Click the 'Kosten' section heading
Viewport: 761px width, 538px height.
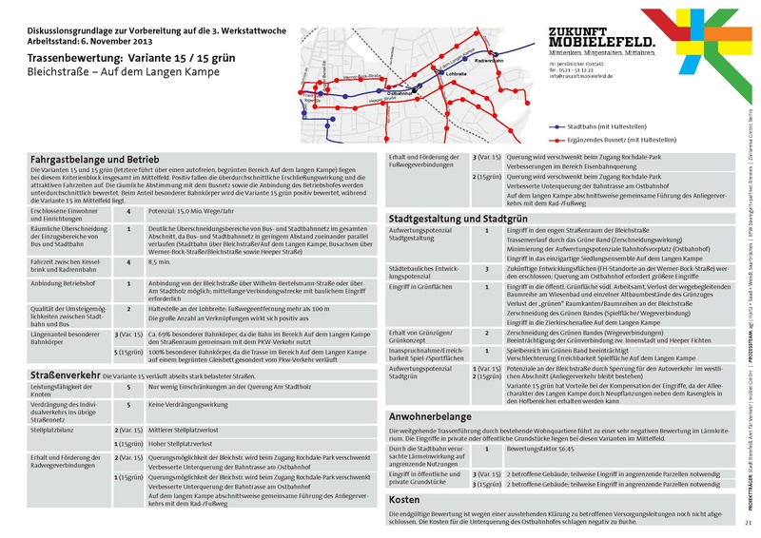[x=404, y=498]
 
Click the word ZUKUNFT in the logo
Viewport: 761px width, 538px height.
[x=582, y=31]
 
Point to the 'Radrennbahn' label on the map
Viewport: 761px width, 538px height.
[x=487, y=60]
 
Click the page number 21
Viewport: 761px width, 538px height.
[x=748, y=523]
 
